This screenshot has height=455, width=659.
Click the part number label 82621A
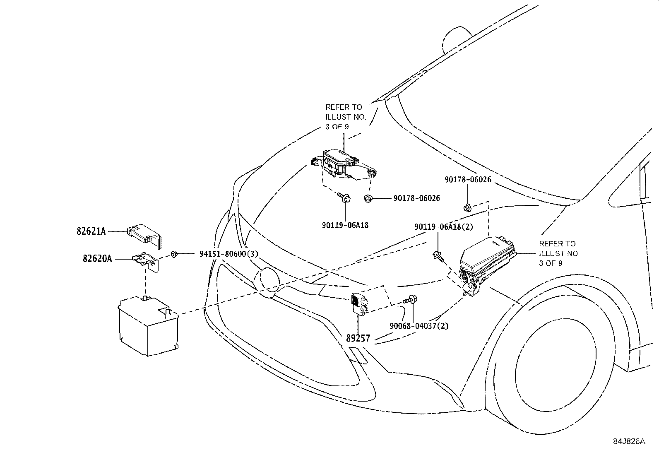click(x=91, y=231)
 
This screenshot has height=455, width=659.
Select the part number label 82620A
click(x=97, y=259)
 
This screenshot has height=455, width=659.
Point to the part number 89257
click(x=358, y=338)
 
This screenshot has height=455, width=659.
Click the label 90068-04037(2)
click(x=419, y=325)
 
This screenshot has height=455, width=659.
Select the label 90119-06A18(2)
click(x=443, y=227)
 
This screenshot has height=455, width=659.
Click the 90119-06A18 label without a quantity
click(x=345, y=225)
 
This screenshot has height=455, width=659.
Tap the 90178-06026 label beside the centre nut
click(x=416, y=198)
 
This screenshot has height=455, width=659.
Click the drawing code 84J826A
click(x=629, y=441)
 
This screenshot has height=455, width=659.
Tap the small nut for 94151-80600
click(x=174, y=254)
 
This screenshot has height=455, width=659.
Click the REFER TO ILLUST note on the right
click(x=559, y=253)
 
